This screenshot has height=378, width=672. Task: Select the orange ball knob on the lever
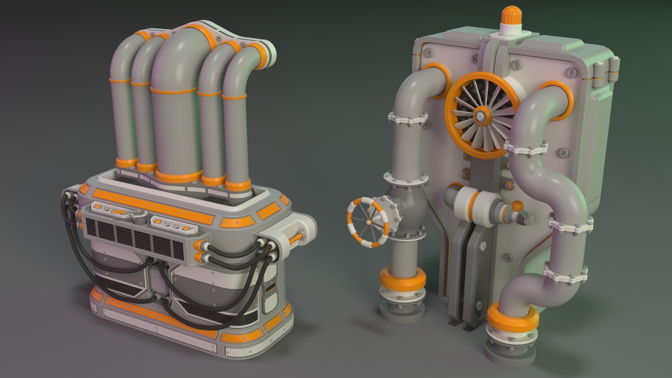click(x=517, y=206)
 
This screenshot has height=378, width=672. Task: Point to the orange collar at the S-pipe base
click(x=513, y=316)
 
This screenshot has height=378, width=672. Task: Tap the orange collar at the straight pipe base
click(x=402, y=279)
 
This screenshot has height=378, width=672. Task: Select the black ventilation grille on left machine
click(x=134, y=239)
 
